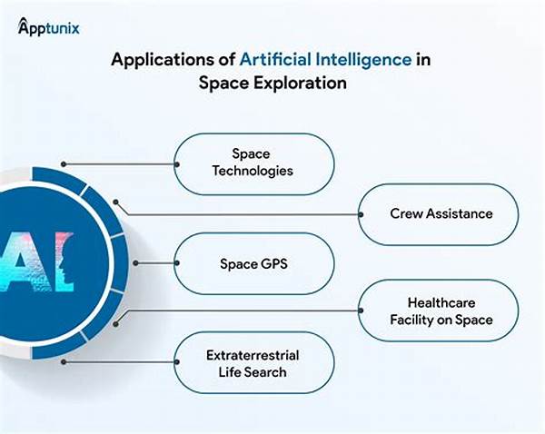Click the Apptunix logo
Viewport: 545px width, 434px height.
[49, 26]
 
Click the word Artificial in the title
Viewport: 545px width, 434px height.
[275, 59]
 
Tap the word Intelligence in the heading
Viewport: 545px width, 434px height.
[363, 59]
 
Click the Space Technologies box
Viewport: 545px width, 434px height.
[253, 164]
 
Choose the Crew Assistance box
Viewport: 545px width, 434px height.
[438, 214]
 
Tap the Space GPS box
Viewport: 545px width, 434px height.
[253, 263]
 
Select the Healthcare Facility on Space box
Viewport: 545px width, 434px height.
[438, 311]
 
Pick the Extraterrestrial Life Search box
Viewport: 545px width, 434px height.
[253, 362]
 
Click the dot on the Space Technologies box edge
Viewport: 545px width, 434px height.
[177, 164]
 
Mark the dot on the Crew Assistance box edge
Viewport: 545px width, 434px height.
[361, 215]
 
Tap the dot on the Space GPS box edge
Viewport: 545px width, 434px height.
[177, 263]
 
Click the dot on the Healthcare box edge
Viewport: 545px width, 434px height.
[361, 311]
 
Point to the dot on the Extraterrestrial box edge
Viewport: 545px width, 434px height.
[177, 362]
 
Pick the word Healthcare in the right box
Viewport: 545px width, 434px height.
[441, 302]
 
